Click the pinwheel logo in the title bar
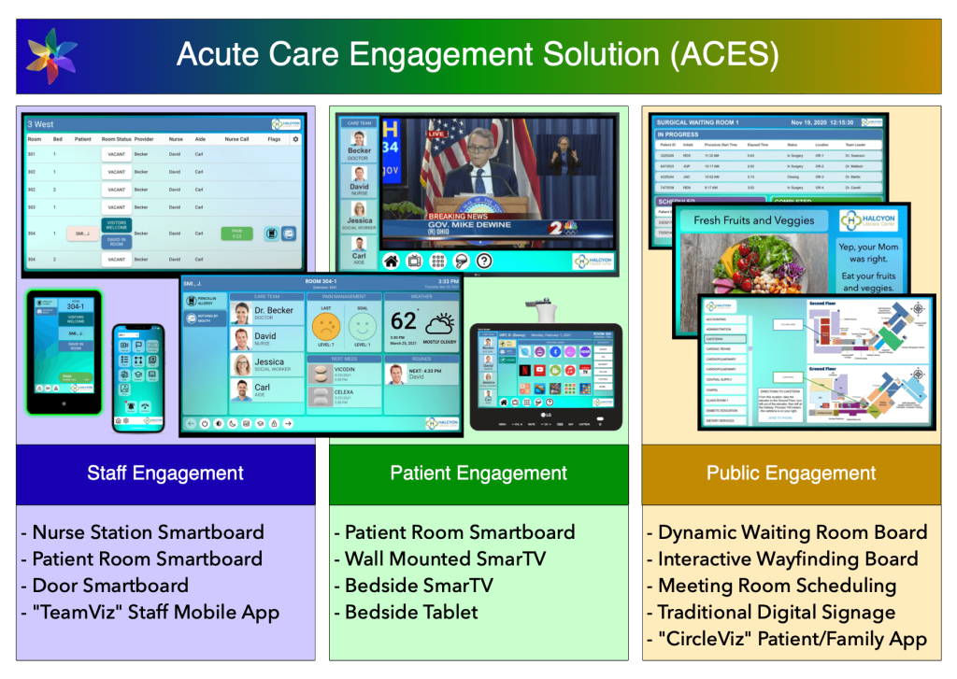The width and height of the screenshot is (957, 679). (52, 55)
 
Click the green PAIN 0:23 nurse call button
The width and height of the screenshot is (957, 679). (236, 233)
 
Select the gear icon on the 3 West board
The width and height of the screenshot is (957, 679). (296, 139)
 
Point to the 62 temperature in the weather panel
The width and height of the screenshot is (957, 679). (404, 322)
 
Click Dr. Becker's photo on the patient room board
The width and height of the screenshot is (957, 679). (241, 314)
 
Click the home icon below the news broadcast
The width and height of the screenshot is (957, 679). (391, 262)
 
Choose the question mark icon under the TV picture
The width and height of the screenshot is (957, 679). (484, 262)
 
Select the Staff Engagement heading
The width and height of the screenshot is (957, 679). (166, 474)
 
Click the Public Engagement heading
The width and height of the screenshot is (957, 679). (791, 474)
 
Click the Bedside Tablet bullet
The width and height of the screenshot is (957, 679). (411, 613)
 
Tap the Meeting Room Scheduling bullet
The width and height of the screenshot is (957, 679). (777, 586)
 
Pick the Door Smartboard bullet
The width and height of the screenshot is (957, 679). (109, 586)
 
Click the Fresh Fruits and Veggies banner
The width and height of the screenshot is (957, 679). (754, 221)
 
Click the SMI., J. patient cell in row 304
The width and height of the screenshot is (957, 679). (81, 233)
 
